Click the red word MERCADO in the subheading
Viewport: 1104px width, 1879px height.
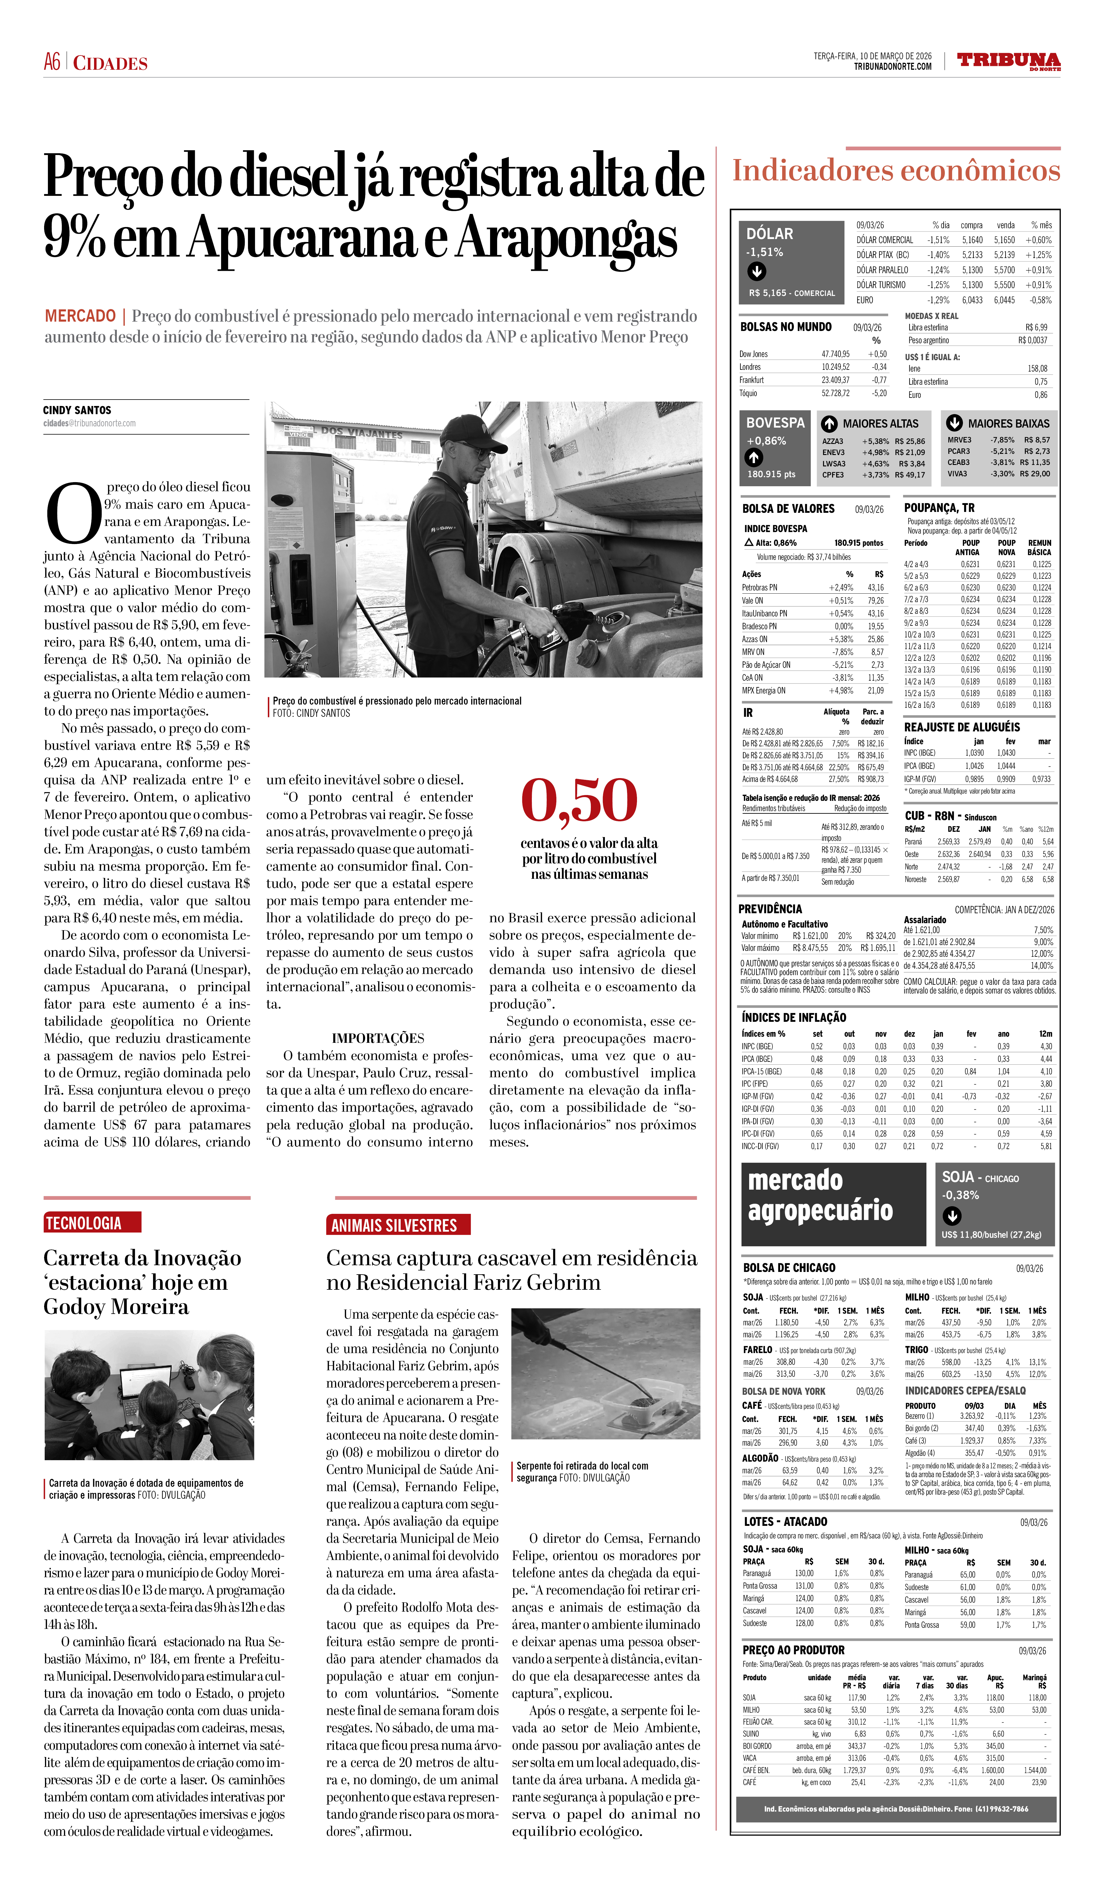[x=80, y=316]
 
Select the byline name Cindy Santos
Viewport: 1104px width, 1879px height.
[x=77, y=410]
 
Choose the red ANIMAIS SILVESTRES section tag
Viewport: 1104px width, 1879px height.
[x=394, y=1226]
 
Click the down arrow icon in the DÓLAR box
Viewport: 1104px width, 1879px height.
[x=756, y=271]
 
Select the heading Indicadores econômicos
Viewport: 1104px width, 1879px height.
[x=895, y=171]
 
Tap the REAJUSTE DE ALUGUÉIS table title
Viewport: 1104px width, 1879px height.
[x=961, y=727]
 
